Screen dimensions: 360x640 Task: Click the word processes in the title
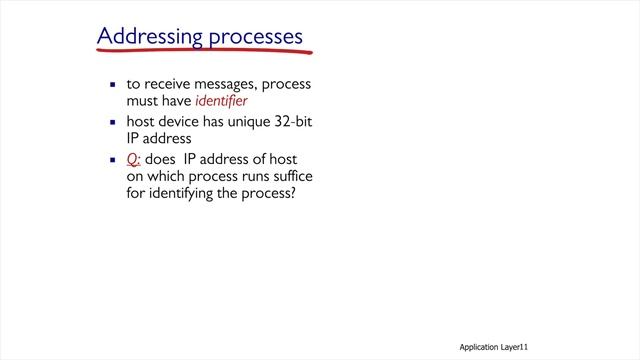(x=256, y=37)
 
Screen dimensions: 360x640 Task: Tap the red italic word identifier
(x=219, y=101)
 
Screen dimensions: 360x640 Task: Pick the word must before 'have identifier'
(x=145, y=101)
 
